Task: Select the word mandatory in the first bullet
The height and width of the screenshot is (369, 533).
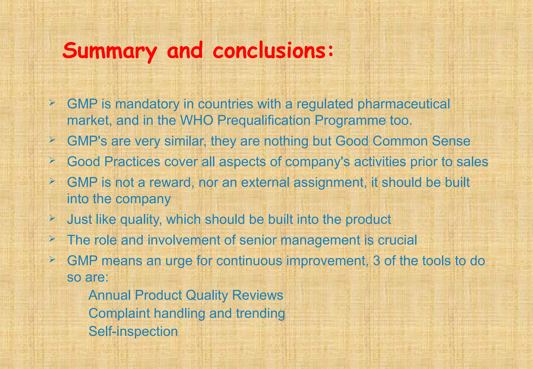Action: (147, 104)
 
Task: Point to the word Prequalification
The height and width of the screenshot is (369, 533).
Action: (264, 121)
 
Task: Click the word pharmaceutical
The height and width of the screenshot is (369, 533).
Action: (403, 104)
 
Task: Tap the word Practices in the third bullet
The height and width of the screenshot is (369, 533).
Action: (132, 162)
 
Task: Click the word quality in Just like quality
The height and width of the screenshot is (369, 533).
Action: (141, 220)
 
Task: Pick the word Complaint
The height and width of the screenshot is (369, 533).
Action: (119, 313)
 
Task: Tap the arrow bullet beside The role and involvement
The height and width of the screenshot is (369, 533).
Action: (52, 238)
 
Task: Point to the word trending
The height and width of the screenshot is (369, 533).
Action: (260, 313)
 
